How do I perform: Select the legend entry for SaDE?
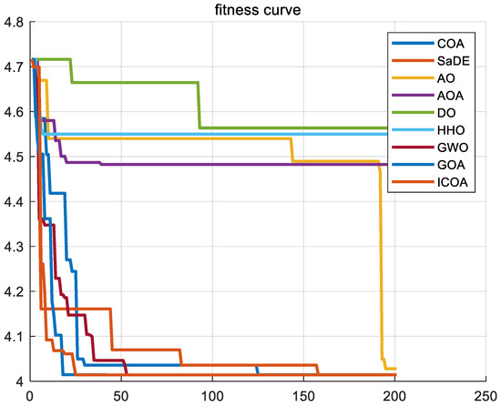tap(445, 63)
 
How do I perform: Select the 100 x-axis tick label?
tap(211, 396)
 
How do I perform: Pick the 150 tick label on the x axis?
tap(302, 396)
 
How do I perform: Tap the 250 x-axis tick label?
tap(484, 396)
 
